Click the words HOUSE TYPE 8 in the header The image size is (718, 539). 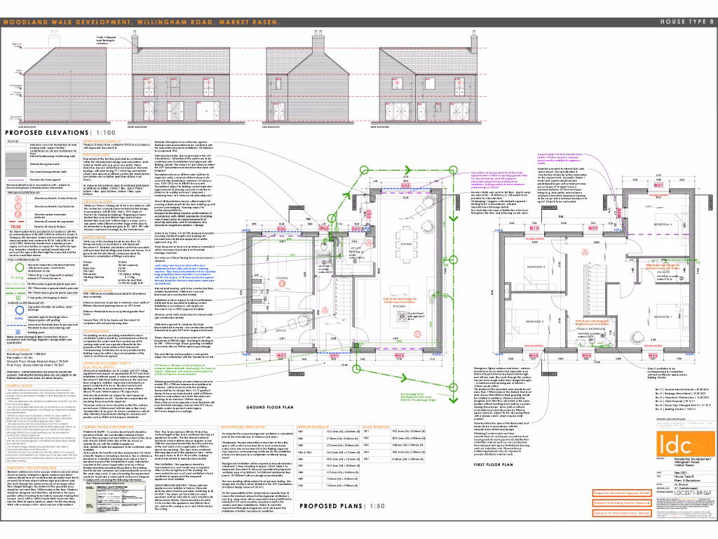click(685, 22)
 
